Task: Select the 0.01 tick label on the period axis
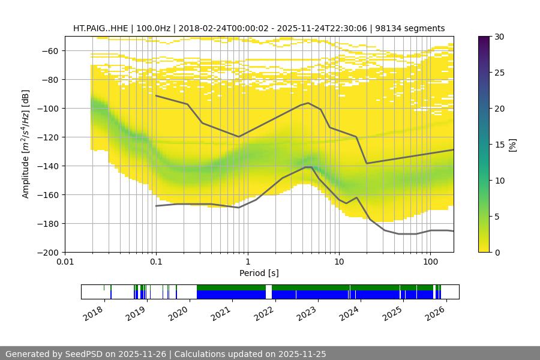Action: point(65,262)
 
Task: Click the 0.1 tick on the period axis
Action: point(156,262)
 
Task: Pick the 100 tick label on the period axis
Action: point(430,262)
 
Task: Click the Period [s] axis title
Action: point(259,273)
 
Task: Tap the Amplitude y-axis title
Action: point(25,144)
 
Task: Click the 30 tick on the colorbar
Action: point(499,37)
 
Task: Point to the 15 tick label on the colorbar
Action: point(499,145)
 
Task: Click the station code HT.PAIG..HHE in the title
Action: point(100,28)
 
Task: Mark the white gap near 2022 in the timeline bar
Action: point(269,292)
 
